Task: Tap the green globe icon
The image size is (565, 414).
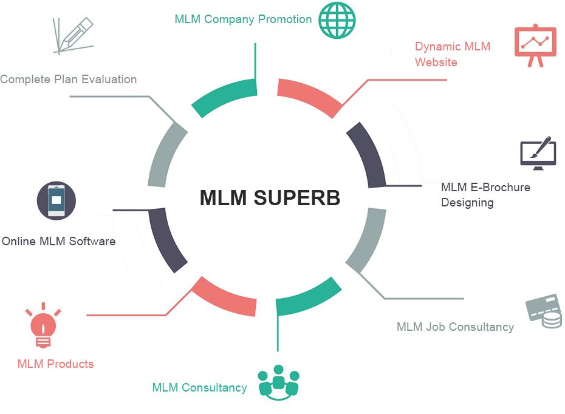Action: pos(337,19)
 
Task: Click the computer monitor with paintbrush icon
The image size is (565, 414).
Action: pos(537,152)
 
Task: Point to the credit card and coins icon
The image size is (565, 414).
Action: pos(544,311)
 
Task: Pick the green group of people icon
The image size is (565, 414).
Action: pos(279,382)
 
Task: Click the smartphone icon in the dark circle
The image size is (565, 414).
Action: pos(56,200)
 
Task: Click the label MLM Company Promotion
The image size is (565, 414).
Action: pos(243,19)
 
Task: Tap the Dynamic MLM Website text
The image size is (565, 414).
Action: pos(452,54)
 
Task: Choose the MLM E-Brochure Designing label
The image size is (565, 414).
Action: pos(485,194)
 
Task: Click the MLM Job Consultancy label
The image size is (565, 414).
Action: pos(455,327)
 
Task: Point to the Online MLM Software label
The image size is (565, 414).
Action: pos(58,241)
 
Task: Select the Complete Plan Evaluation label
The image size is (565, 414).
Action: pos(68,79)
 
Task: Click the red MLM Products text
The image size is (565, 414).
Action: pos(55,364)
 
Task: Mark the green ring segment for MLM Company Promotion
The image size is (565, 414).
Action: pos(222,95)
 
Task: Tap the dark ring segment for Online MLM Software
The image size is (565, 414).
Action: pos(166,240)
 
